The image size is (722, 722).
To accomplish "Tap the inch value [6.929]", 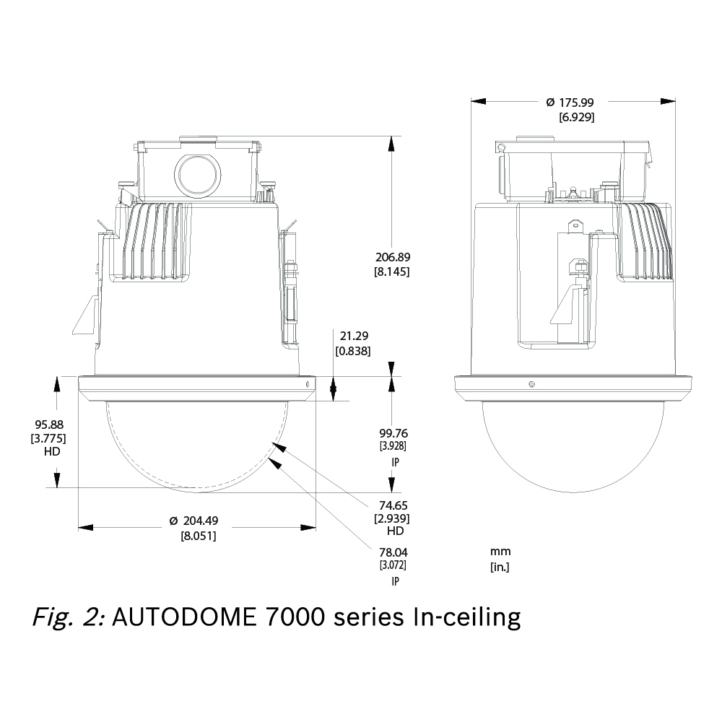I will [x=576, y=116].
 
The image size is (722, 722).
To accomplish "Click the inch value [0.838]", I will [x=353, y=350].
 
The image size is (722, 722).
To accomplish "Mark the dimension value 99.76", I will [x=393, y=433].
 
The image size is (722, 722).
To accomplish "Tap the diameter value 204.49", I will [x=197, y=522].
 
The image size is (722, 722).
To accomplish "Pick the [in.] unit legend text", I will [x=500, y=567].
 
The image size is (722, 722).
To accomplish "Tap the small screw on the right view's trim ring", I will [x=531, y=384].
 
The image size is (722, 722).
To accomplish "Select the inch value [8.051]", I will [x=198, y=536].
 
